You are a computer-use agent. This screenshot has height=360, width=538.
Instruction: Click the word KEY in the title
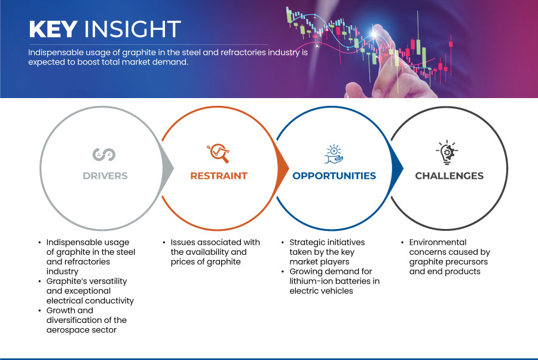point(53,29)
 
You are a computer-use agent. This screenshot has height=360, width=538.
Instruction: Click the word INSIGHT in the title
point(133,29)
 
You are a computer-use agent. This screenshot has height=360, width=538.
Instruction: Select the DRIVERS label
point(105,176)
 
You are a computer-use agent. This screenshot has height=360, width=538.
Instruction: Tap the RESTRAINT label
point(219,176)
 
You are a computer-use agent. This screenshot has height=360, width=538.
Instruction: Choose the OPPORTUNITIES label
point(334,176)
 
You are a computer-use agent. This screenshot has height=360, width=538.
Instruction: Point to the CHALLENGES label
point(449,176)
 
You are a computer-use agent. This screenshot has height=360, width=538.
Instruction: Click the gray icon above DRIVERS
point(104,154)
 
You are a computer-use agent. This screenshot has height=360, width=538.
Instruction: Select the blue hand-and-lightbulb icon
point(334,154)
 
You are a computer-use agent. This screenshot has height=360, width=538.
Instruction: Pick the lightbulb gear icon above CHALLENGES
point(447,152)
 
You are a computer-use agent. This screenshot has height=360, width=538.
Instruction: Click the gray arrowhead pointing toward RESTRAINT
point(168,168)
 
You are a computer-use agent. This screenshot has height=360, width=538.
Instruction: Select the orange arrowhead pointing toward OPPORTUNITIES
point(283,168)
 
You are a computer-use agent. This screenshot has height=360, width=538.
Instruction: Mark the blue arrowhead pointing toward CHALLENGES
point(398,168)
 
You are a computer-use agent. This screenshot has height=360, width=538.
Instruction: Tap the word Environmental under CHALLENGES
point(438,242)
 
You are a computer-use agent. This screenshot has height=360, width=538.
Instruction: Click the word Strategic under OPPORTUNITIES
point(305,242)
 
